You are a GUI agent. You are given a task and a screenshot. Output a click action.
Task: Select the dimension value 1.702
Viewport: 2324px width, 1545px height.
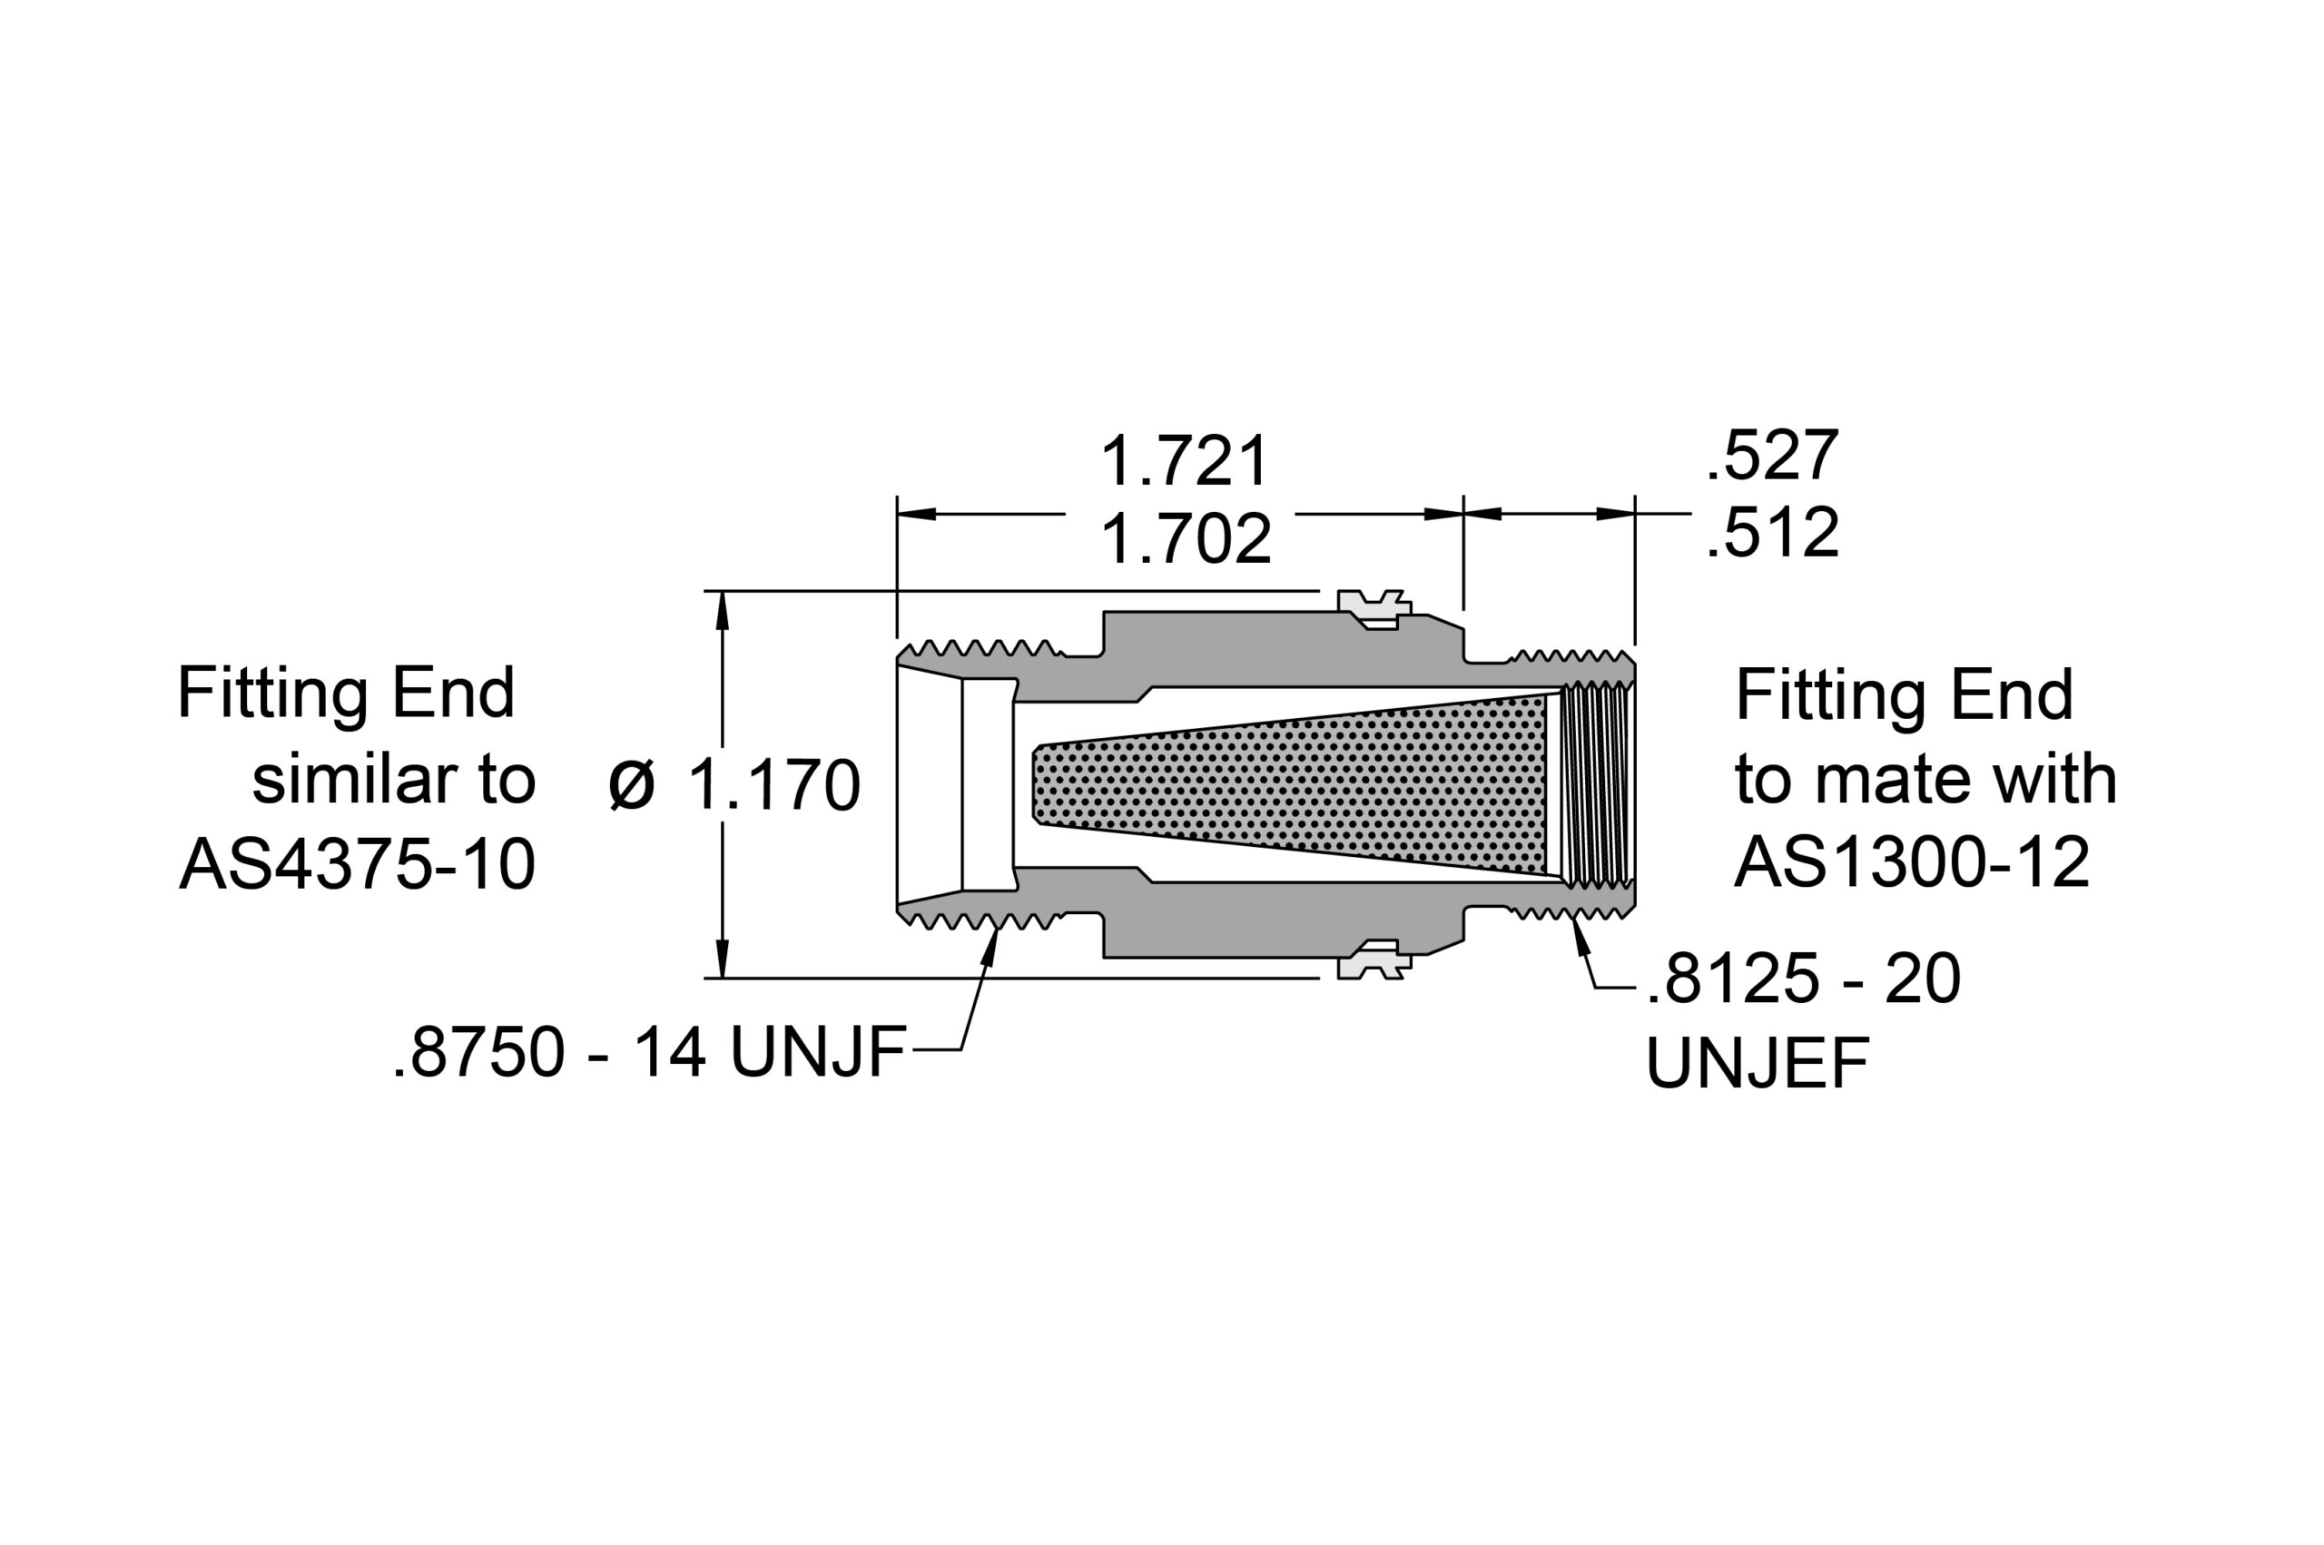click(1186, 540)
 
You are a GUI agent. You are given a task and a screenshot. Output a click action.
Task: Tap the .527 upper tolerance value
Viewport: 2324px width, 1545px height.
click(1771, 455)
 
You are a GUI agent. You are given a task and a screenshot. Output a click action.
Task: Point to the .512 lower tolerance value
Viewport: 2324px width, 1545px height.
click(1771, 533)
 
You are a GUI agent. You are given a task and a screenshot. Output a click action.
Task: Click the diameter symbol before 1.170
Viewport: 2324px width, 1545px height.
click(632, 785)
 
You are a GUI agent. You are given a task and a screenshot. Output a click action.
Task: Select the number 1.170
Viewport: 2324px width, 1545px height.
click(773, 785)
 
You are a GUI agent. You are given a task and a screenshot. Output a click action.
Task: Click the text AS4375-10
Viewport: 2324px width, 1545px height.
click(357, 864)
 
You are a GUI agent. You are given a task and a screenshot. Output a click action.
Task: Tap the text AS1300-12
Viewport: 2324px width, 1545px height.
click(1911, 862)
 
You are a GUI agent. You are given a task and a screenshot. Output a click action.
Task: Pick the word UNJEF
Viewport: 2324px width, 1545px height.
click(1758, 1064)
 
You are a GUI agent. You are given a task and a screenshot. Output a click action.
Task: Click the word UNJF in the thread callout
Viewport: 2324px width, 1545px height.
click(817, 1052)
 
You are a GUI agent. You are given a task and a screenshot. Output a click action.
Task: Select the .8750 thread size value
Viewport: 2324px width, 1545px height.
click(478, 1052)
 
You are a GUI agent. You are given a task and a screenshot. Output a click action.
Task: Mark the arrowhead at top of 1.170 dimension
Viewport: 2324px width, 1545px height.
click(722, 609)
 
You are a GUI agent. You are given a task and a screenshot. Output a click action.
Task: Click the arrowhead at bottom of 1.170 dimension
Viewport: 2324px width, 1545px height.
click(722, 959)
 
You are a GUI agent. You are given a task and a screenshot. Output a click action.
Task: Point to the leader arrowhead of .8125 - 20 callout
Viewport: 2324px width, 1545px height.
click(1581, 933)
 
